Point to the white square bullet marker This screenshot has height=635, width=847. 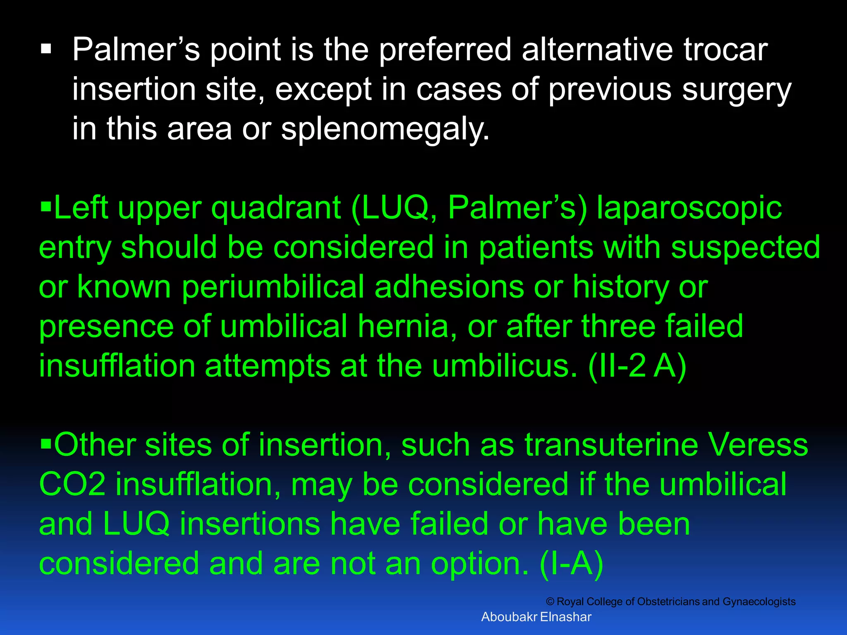[x=46, y=50]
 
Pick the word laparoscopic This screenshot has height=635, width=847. [x=689, y=208]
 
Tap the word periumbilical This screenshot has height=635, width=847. [x=273, y=287]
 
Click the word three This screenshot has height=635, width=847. [x=618, y=326]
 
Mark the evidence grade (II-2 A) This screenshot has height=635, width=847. [x=637, y=366]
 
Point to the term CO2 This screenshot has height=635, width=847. [x=72, y=485]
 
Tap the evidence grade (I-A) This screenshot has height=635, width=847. [x=572, y=563]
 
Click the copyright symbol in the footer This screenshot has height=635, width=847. [x=550, y=602]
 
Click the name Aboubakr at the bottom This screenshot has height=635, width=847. [x=509, y=617]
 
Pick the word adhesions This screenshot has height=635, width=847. [x=449, y=287]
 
